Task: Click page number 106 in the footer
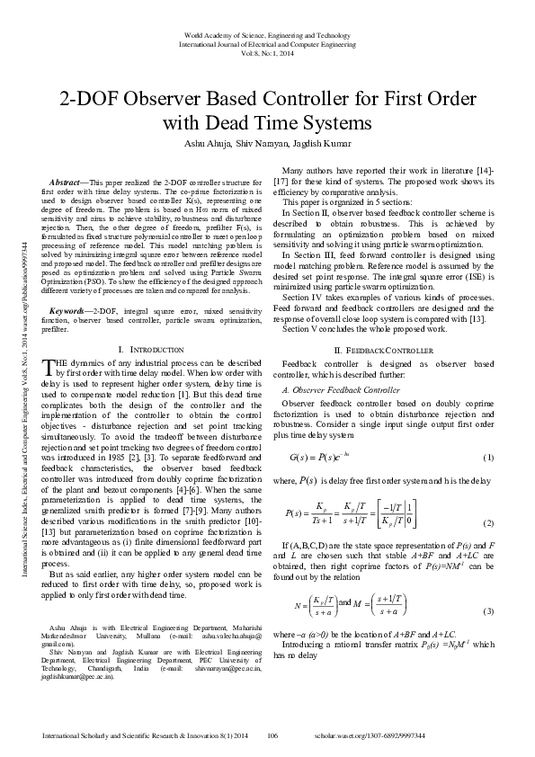[x=273, y=735]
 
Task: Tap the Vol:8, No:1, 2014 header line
[x=266, y=53]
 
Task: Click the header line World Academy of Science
[x=266, y=34]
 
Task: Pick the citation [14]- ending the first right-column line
[x=484, y=171]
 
